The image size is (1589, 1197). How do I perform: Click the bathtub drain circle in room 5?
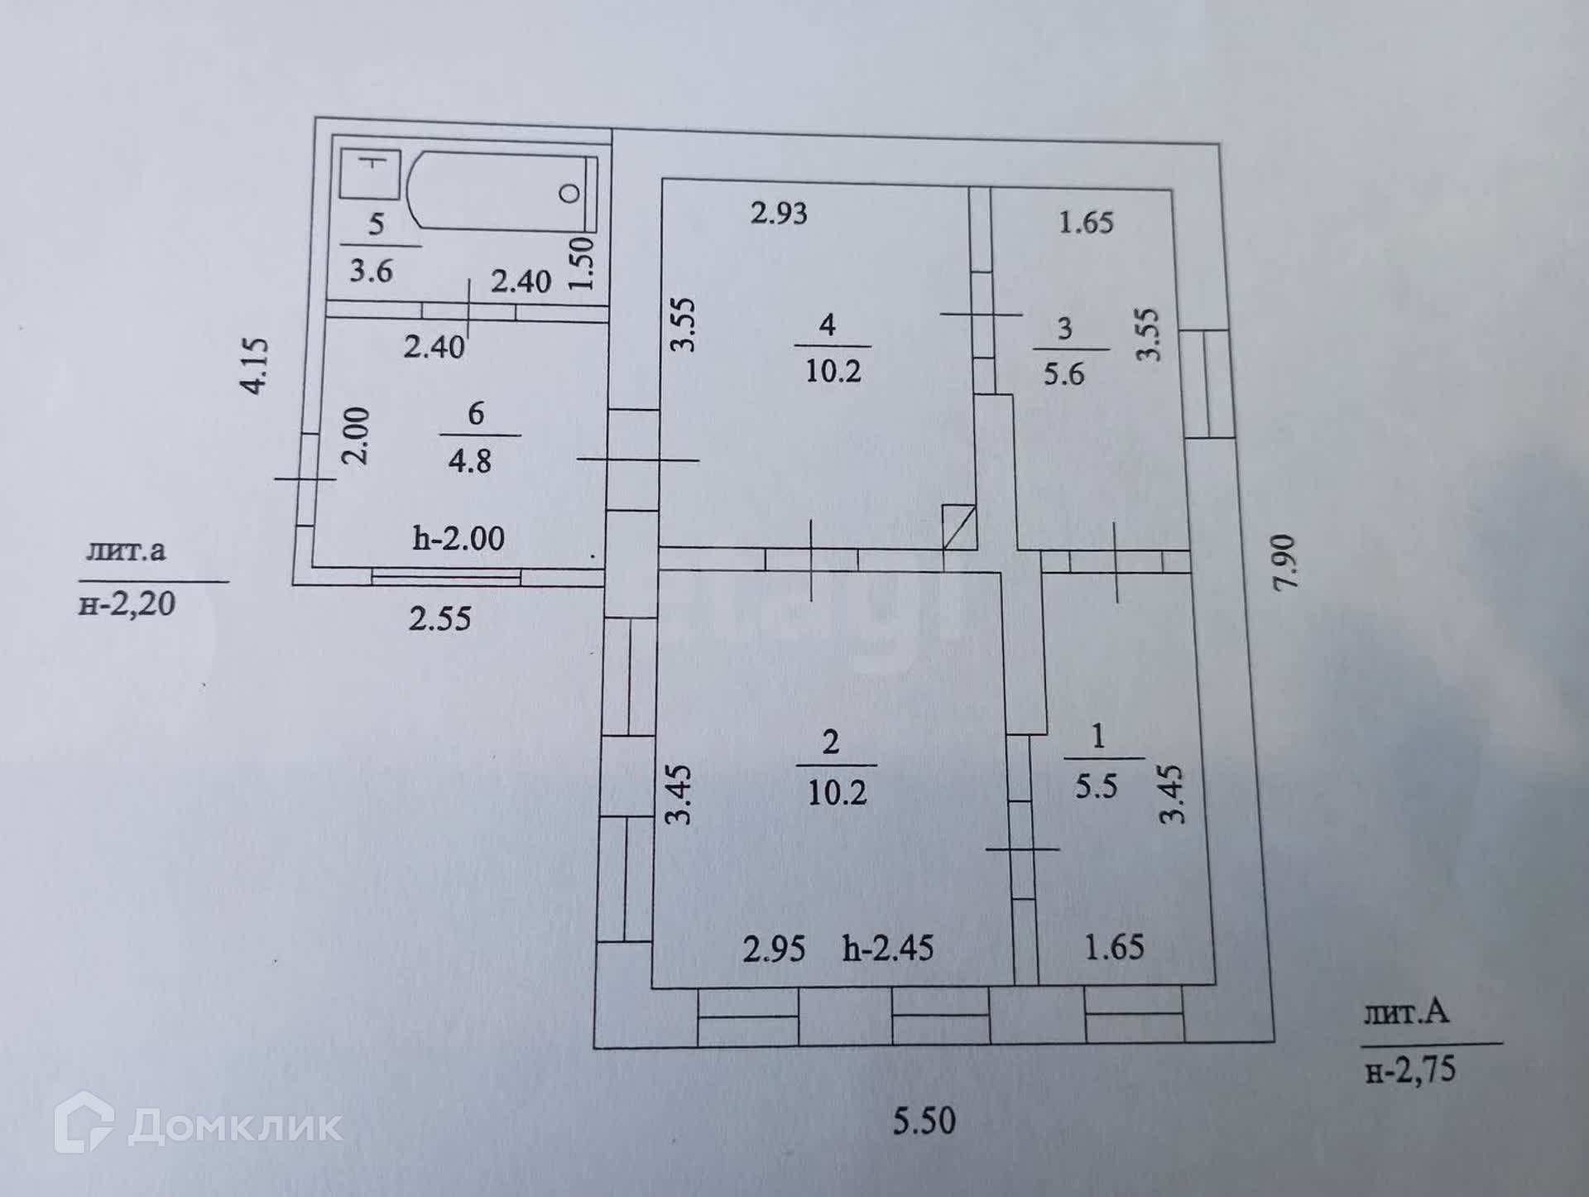(569, 195)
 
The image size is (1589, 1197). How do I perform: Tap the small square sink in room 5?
(371, 174)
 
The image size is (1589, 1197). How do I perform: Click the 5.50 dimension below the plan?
(924, 1121)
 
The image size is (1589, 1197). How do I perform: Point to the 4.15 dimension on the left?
(256, 365)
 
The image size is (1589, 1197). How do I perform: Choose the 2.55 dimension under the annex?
(439, 618)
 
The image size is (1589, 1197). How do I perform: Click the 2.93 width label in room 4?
(778, 213)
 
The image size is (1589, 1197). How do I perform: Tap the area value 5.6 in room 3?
(1063, 374)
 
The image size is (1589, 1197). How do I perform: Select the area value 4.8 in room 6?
(469, 460)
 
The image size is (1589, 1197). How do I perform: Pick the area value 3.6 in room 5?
(370, 270)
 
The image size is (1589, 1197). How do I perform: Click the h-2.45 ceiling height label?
(888, 948)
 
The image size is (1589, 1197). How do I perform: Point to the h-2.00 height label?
(458, 538)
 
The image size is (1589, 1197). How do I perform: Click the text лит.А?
(1406, 1012)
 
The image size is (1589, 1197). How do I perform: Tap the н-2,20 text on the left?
(127, 603)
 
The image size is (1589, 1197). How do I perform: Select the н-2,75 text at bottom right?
(1410, 1070)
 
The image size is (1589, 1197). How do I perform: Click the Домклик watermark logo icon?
(83, 1123)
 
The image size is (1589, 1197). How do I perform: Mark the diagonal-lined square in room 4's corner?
(959, 526)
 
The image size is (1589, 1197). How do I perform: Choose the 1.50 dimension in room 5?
(582, 262)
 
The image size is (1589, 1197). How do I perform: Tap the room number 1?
(1098, 735)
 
